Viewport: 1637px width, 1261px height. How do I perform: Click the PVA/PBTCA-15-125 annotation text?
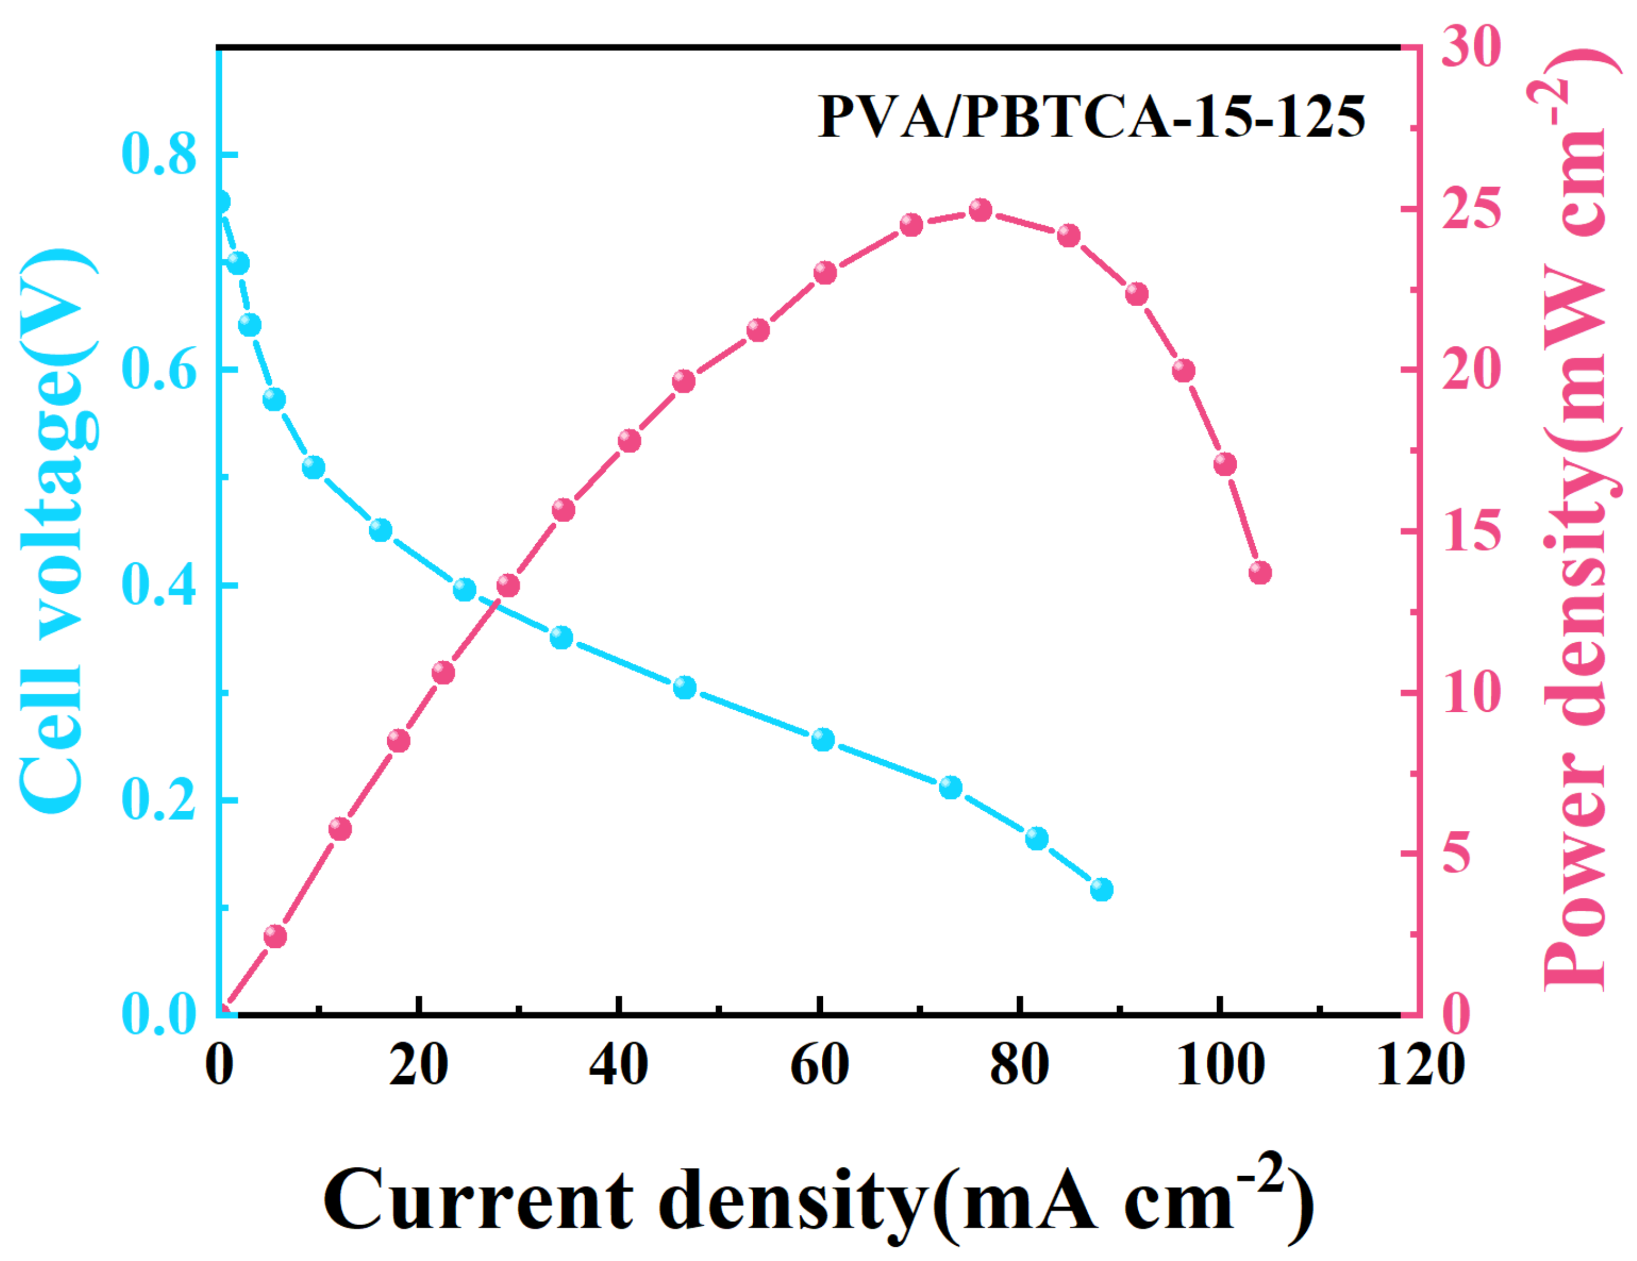point(1092,117)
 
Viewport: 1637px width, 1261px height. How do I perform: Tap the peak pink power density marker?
point(981,210)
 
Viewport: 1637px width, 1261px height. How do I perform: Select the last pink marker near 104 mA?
point(1260,573)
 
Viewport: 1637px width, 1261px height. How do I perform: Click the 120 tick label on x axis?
point(1421,1065)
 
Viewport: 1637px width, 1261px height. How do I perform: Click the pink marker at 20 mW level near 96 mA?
point(1183,371)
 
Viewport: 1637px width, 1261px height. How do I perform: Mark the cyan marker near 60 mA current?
point(823,740)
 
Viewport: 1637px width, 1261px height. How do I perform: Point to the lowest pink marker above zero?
point(275,936)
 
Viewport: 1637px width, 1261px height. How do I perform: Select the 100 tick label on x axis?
point(1220,1065)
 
